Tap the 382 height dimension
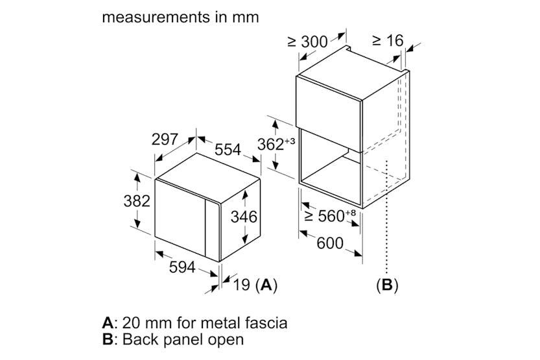(136, 201)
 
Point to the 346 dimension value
(244, 216)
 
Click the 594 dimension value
(182, 267)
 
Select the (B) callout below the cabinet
(387, 284)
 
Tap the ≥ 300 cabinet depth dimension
(307, 41)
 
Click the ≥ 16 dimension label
(388, 40)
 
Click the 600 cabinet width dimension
(330, 244)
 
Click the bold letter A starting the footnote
(108, 322)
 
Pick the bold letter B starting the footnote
(108, 339)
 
